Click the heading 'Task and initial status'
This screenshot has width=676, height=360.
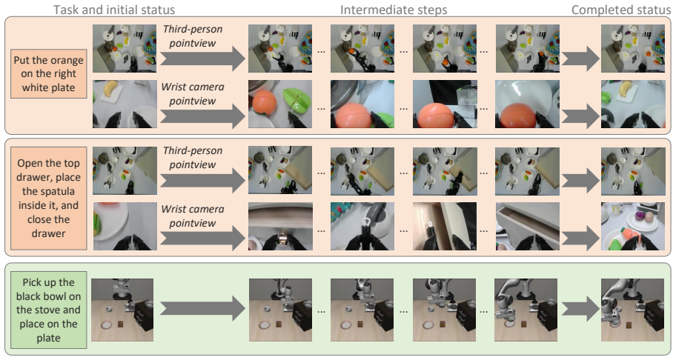click(114, 10)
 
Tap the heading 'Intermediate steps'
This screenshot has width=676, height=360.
click(394, 10)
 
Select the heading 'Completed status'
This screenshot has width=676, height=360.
click(621, 10)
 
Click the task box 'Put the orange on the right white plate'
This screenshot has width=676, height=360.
click(49, 73)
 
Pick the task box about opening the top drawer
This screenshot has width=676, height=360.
click(49, 198)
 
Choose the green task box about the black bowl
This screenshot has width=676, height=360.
click(49, 310)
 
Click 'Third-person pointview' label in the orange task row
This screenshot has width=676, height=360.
click(193, 36)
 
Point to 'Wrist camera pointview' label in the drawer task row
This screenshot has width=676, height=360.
click(193, 216)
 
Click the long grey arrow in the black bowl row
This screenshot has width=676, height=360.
click(202, 310)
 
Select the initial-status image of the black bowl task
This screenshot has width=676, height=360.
click(122, 310)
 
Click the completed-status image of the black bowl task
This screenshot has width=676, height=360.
click(633, 310)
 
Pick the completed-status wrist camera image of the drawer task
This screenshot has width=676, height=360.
click(633, 226)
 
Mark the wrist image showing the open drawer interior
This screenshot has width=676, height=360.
click(527, 226)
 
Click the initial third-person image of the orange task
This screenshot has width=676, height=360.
click(125, 48)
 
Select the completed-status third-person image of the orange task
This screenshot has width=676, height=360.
click(633, 48)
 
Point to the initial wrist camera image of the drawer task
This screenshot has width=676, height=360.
click(125, 226)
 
